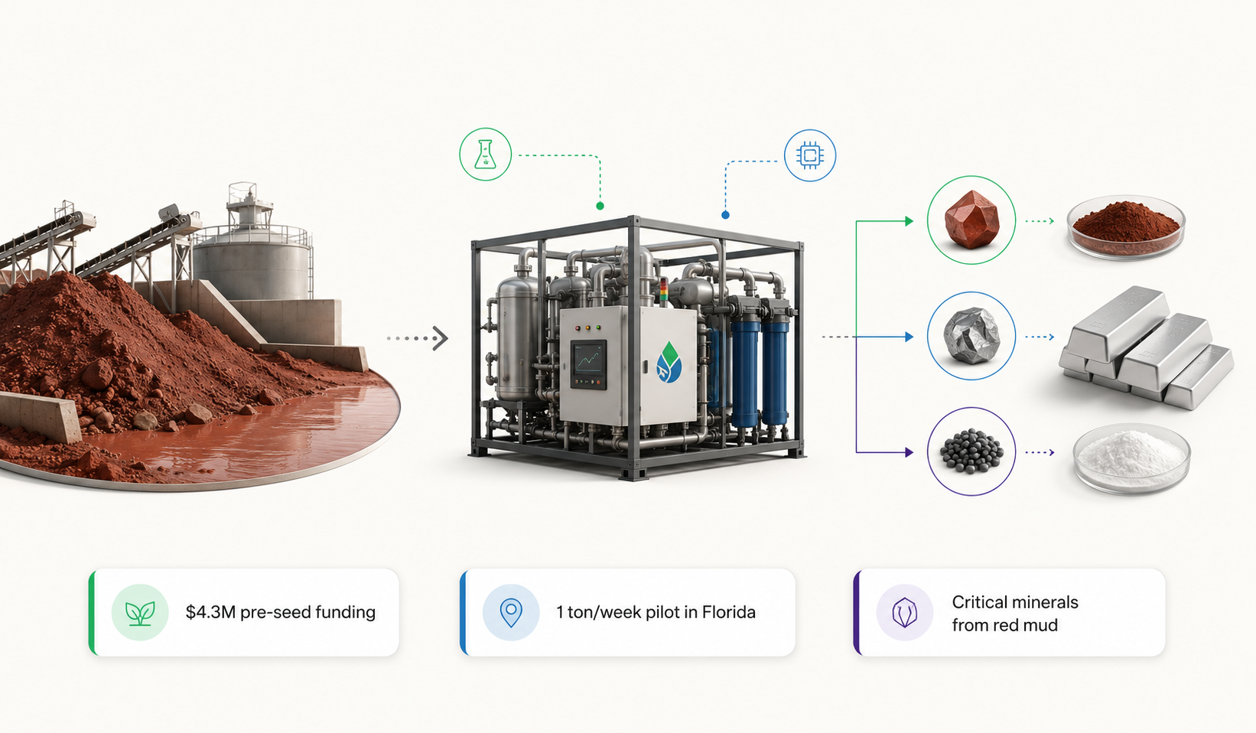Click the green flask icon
485,155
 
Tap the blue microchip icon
810,155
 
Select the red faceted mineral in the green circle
971,220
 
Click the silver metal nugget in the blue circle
971,335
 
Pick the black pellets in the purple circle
971,451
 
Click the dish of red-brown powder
1126,227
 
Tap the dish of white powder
1131,458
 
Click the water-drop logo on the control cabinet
669,363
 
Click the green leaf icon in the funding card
140,612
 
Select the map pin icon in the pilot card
511,612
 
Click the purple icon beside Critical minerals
904,612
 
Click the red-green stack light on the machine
664,291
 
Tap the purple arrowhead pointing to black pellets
909,452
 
